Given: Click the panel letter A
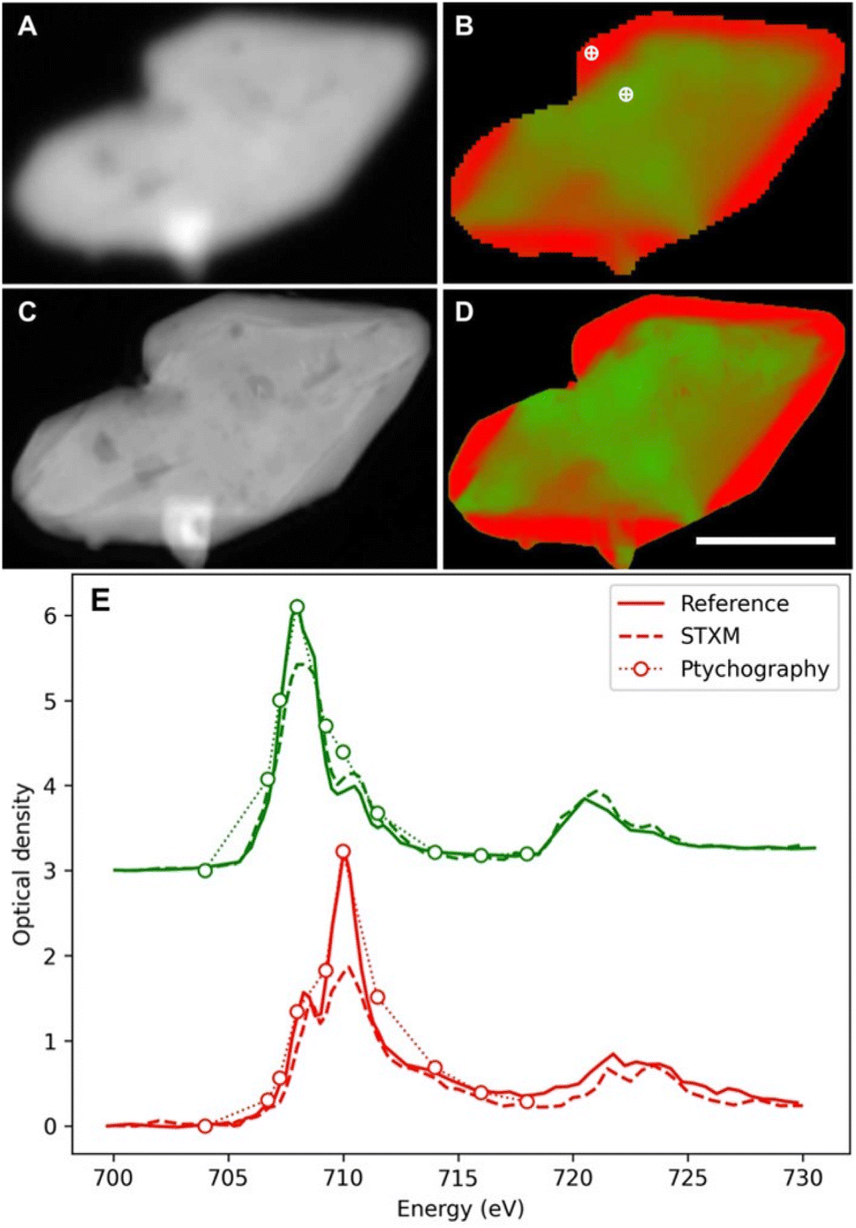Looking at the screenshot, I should coord(27,27).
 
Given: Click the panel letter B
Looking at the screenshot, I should coord(464,27).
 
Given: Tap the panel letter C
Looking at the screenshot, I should coord(27,313).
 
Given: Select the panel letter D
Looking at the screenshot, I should coord(465,313).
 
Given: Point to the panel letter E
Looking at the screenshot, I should coord(100,602).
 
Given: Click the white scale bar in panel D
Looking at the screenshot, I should coord(765,540).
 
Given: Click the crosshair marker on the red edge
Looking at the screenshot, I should coord(591,53).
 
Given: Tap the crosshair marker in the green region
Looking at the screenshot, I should coord(625,94).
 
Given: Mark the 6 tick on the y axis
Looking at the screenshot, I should coord(50,616).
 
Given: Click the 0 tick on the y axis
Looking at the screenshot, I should coord(50,1126).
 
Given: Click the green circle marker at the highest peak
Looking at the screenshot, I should coord(297,607).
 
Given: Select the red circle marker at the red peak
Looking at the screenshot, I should coord(343,852).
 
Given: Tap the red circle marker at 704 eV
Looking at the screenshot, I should coord(205,1126).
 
